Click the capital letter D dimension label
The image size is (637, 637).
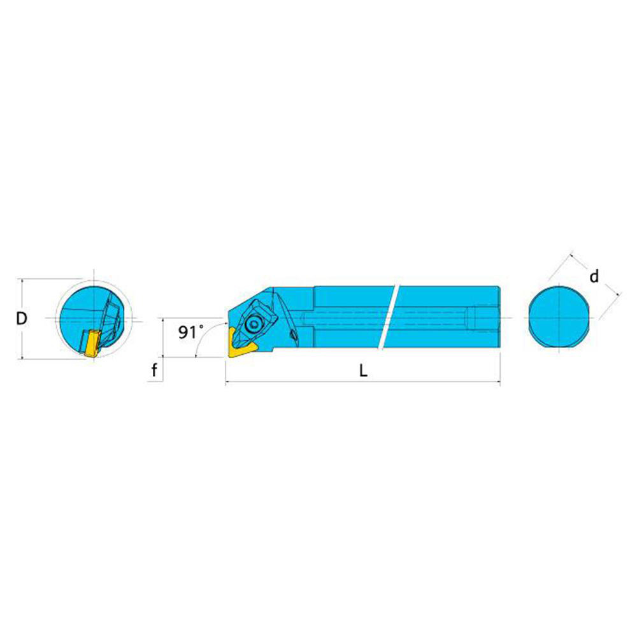[x=22, y=318]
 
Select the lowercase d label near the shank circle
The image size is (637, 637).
[x=594, y=276]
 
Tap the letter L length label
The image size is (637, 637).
[x=363, y=370]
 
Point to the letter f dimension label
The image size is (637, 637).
[x=154, y=370]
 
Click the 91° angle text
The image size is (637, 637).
[x=191, y=333]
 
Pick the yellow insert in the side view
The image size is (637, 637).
[x=241, y=343]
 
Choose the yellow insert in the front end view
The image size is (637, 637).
[x=92, y=344]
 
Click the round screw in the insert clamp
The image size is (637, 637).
[x=254, y=324]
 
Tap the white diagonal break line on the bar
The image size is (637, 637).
[x=389, y=317]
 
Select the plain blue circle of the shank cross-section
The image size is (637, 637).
[x=559, y=317]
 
